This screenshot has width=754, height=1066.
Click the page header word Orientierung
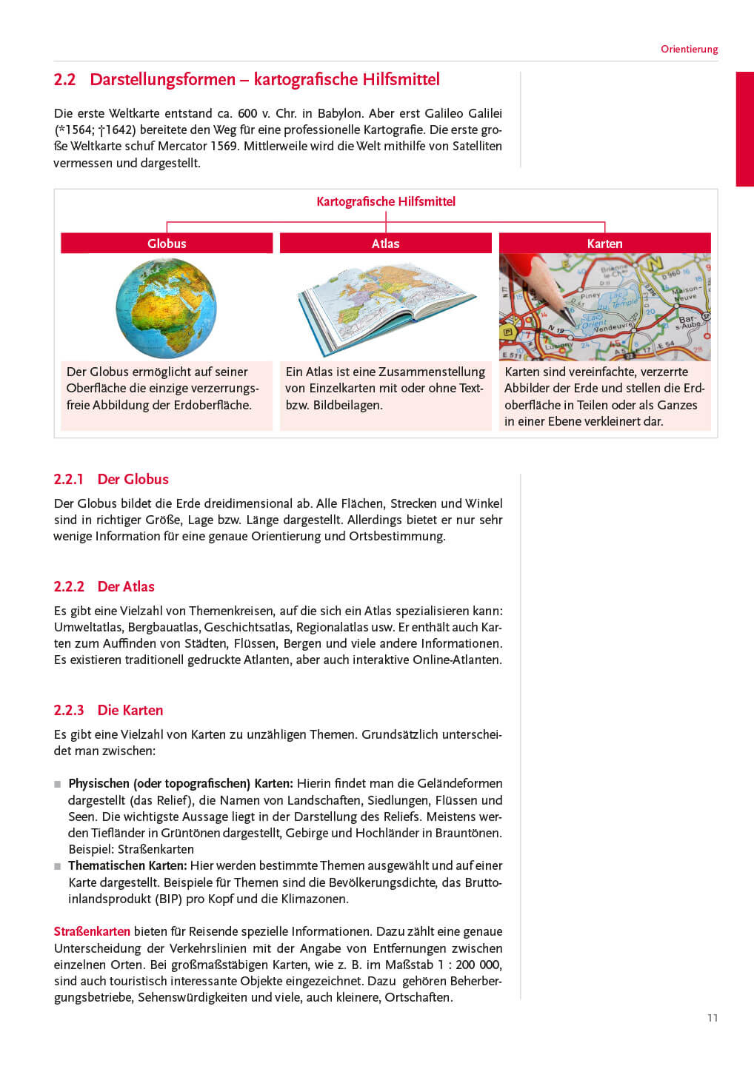(689, 49)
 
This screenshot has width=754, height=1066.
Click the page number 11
(713, 1018)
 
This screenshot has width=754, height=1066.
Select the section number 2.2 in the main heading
(64, 80)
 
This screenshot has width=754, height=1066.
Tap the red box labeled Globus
(167, 244)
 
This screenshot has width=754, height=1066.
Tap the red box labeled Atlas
(385, 244)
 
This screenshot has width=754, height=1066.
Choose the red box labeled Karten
(604, 244)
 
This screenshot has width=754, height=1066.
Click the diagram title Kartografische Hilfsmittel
(385, 201)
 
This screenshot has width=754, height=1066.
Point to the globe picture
(166, 308)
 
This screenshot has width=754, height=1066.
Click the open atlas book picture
(385, 307)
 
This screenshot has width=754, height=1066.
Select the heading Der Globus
(133, 479)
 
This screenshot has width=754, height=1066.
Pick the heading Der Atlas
(126, 586)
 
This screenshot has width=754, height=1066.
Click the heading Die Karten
(130, 710)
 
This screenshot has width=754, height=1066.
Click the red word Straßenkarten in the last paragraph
(92, 931)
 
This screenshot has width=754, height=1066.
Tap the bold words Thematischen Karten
(127, 865)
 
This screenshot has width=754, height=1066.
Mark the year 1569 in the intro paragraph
(224, 146)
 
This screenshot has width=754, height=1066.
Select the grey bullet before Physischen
(58, 784)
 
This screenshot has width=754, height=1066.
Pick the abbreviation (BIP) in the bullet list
(168, 899)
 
